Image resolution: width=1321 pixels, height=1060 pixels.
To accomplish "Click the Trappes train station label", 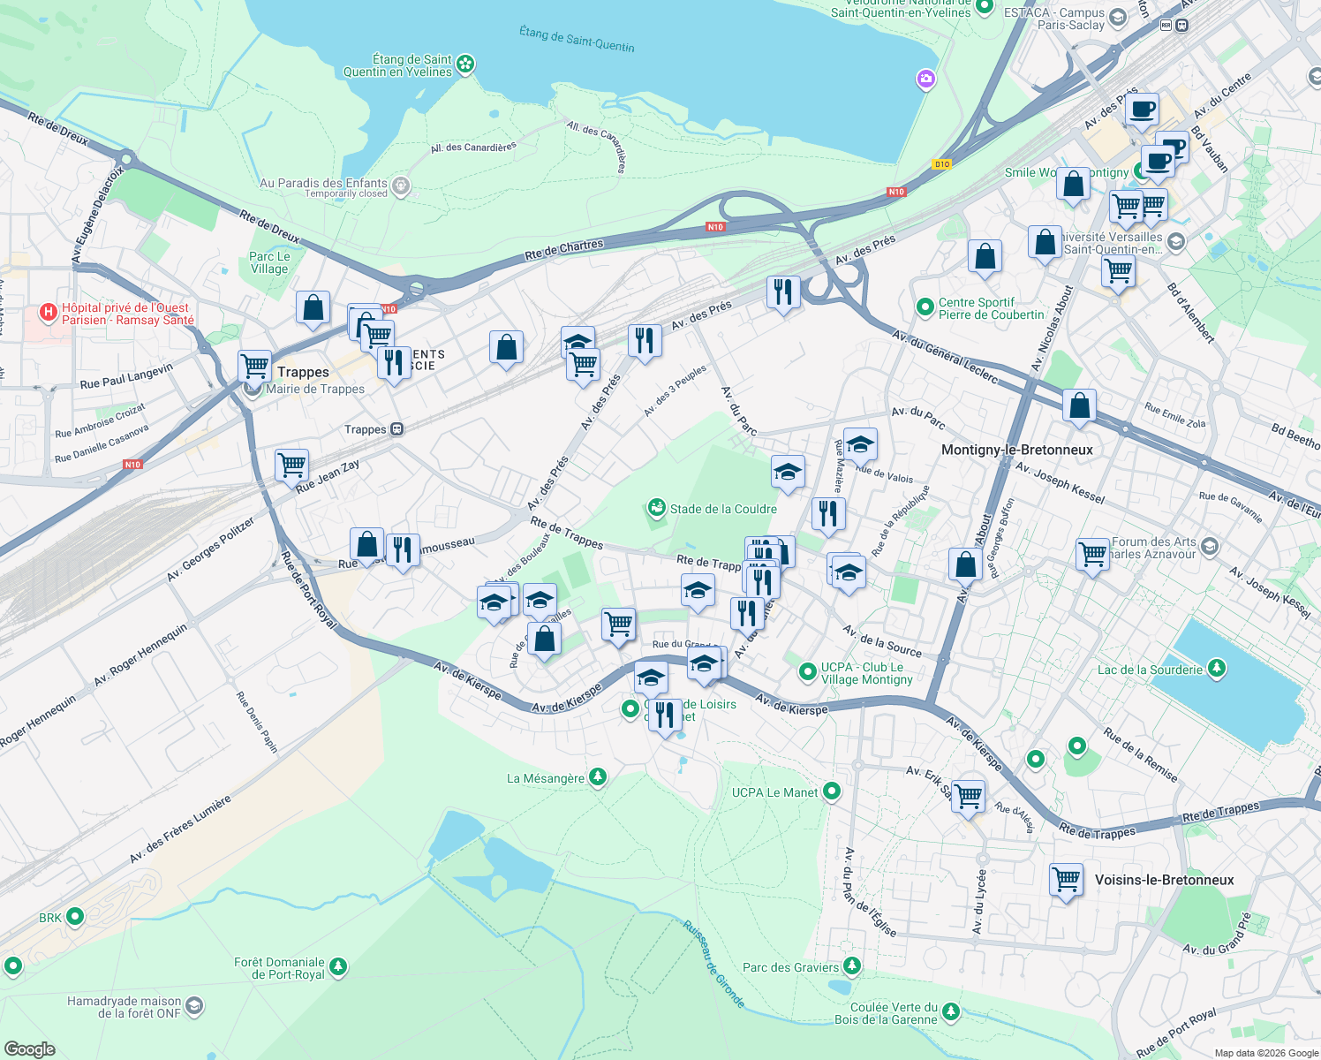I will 366,429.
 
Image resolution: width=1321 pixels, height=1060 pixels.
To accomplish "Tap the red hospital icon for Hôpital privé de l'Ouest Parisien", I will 49,313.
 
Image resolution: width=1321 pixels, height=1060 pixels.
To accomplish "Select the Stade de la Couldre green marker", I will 656,508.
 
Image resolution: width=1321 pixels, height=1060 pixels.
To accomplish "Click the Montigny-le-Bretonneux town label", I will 1016,450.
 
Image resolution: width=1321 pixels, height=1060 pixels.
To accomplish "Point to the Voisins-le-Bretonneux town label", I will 1164,880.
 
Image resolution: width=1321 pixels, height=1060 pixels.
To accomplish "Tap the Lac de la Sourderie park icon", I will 1217,669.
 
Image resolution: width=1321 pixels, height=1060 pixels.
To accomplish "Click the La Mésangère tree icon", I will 598,777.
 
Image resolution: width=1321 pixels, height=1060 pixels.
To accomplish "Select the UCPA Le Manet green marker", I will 831,791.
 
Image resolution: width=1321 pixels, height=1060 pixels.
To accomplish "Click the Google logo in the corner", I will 29,1049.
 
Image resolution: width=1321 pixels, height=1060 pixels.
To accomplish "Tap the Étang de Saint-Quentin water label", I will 577,38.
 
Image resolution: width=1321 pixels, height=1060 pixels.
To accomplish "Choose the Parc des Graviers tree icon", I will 851,966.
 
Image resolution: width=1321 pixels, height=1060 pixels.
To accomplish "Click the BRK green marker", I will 75,917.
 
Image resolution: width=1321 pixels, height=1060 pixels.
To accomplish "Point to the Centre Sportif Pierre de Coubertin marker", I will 925,307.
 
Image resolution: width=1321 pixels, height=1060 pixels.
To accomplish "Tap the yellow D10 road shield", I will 941,164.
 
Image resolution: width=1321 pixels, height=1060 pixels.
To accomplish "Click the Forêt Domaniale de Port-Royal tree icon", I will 337,968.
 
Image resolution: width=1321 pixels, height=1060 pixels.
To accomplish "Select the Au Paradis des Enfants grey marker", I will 401,185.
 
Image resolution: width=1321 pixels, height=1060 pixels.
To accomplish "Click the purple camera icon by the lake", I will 925,79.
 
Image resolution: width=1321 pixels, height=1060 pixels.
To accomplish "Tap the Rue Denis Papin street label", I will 257,723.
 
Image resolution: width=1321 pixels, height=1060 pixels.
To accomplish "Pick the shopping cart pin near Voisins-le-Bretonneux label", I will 1066,880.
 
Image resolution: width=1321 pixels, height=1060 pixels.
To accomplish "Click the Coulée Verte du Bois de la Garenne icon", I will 950,1012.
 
